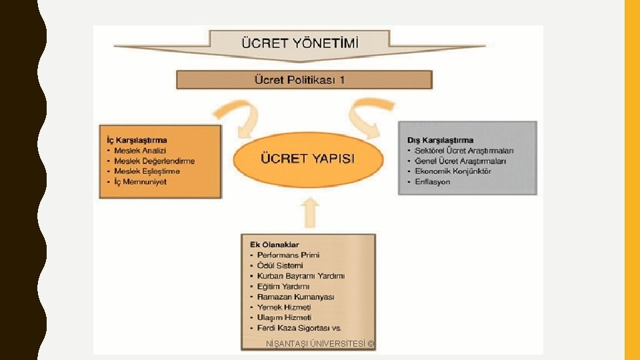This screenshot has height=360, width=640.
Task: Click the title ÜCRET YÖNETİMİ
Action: [299, 43]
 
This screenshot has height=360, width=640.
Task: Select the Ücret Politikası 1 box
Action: [304, 80]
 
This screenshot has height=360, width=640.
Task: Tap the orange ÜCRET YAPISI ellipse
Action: [307, 159]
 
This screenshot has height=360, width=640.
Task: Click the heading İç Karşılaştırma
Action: [137, 140]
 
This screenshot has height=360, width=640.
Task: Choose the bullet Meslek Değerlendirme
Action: [155, 161]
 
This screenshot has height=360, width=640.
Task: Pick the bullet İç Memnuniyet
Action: [140, 181]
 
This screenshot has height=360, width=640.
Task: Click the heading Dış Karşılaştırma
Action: [440, 140]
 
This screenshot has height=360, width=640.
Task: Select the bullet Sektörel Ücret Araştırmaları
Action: [464, 151]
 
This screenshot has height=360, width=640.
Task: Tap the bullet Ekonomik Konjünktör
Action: [453, 171]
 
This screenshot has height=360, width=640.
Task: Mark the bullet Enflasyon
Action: [433, 181]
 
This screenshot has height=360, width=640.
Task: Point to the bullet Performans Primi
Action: [289, 255]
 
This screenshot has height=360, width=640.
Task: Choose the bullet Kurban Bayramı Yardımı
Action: [301, 275]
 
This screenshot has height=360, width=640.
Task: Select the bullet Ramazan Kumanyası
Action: [296, 297]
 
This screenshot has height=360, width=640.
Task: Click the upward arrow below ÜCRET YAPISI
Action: [311, 215]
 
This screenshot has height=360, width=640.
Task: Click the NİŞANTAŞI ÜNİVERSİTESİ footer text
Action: [320, 344]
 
